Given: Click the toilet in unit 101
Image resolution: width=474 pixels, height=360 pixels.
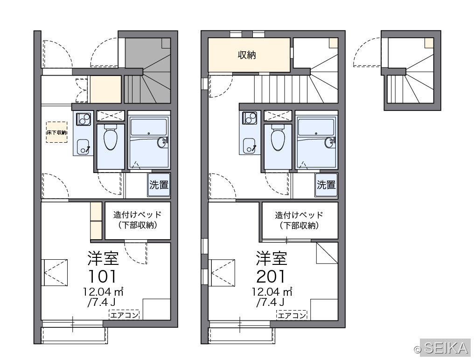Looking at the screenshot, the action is [111, 138].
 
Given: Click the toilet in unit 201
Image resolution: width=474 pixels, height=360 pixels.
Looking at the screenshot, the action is [278, 138].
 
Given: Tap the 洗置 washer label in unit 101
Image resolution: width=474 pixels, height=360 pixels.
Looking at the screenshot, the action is [159, 185].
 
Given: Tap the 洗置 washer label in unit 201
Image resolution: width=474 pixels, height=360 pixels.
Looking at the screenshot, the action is [326, 185].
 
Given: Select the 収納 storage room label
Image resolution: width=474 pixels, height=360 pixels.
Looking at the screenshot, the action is [247, 55].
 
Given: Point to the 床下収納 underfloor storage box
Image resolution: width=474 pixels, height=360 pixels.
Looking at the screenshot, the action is [56, 132].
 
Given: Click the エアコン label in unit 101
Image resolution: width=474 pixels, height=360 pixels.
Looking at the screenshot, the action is [124, 315].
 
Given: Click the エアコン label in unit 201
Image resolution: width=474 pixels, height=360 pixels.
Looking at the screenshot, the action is [292, 315].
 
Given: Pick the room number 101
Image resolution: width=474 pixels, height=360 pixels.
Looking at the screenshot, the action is [102, 276].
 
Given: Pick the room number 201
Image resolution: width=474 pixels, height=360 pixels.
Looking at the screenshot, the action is [271, 276].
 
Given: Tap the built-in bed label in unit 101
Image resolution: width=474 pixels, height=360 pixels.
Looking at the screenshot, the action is [138, 220].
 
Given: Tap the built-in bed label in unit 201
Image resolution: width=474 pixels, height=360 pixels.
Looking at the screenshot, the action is [299, 220].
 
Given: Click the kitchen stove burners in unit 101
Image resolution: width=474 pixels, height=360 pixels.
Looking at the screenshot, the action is [83, 119].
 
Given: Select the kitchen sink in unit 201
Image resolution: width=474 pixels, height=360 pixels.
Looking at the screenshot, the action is [250, 145].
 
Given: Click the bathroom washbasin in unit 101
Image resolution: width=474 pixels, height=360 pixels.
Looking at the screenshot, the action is [162, 142].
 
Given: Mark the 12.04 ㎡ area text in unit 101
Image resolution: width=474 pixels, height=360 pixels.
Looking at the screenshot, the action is [104, 291].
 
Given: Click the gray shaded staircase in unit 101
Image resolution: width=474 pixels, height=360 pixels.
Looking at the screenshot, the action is [148, 71].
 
